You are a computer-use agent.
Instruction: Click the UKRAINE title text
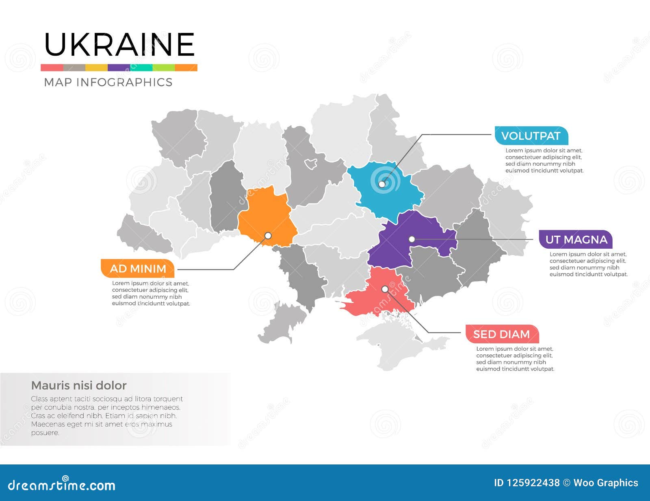119,45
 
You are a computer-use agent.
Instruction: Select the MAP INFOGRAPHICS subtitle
108,82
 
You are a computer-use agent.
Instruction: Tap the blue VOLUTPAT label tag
531,136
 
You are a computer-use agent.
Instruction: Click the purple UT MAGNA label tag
576,239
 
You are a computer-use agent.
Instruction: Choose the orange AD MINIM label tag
138,269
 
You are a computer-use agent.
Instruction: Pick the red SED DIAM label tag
502,334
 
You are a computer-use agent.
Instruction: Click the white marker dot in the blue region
382,184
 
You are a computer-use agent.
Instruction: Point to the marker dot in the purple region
412,239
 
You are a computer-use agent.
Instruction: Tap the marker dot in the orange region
268,235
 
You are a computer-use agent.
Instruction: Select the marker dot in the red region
385,289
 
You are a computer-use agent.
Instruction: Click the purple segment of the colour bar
119,68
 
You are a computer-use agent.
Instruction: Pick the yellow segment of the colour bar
96,68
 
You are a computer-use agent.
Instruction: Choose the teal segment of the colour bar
141,68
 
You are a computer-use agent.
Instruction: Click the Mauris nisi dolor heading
79,385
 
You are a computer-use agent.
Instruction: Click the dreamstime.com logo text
61,485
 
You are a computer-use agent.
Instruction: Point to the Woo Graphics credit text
605,483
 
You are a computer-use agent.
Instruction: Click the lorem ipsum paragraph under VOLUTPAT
544,160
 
